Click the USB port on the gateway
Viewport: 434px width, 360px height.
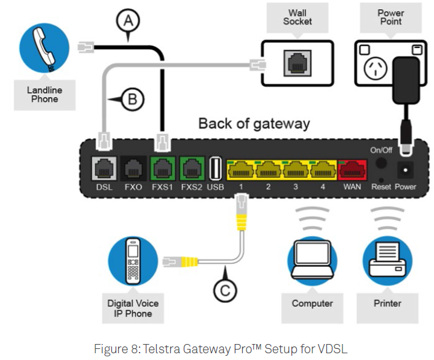tap(215, 168)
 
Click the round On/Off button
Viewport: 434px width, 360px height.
tap(381, 163)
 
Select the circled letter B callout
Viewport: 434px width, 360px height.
tap(134, 98)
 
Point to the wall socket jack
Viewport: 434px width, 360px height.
tap(298, 61)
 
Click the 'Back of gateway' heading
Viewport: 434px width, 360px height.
tap(253, 123)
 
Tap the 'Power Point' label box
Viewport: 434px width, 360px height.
tap(390, 17)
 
